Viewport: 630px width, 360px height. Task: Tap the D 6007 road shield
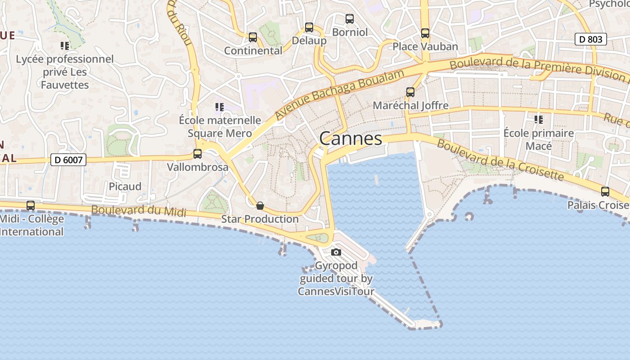[x=68, y=160]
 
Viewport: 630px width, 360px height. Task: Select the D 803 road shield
[x=591, y=40]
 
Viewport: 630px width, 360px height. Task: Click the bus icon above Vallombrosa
[x=198, y=154]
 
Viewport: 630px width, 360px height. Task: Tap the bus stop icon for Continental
[x=253, y=37]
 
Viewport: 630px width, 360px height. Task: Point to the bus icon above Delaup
[x=309, y=27]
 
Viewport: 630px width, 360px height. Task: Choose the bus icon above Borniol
[x=350, y=19]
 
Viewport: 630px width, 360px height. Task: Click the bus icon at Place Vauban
[x=425, y=33]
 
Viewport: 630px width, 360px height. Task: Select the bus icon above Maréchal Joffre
[x=410, y=92]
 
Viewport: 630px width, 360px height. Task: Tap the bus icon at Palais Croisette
[x=605, y=192]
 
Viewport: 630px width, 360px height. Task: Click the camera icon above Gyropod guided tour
[x=336, y=252]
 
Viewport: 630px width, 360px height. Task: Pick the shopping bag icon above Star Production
[x=260, y=206]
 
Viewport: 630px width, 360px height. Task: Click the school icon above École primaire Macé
[x=538, y=120]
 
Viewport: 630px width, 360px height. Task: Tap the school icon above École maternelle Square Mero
[x=220, y=107]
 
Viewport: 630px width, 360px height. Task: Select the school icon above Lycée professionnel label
[x=65, y=46]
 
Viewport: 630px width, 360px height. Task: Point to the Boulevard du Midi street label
[x=139, y=211]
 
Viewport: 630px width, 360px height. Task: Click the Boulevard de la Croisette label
[x=500, y=160]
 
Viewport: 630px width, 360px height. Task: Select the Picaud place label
[x=125, y=186]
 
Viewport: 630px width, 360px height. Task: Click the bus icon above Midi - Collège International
[x=31, y=206]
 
